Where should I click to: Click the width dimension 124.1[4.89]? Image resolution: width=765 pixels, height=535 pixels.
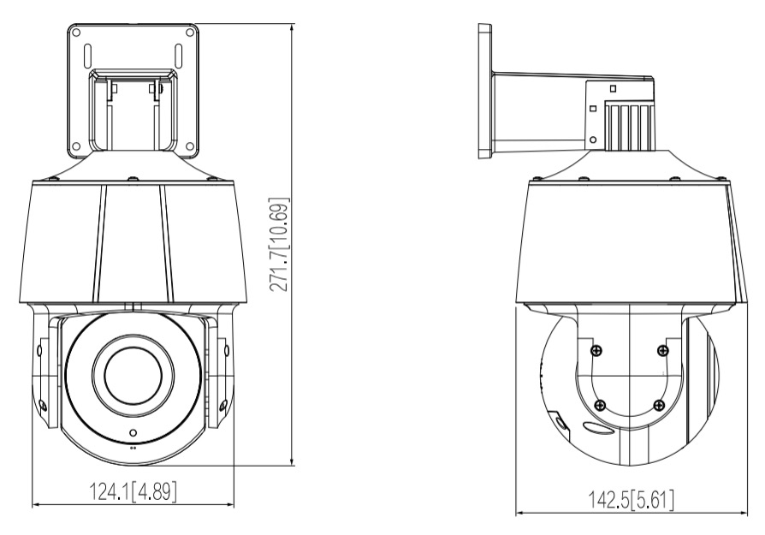tap(133, 492)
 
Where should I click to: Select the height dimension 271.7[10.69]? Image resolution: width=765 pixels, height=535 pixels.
tap(278, 246)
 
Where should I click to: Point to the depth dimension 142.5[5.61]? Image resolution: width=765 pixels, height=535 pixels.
tap(630, 499)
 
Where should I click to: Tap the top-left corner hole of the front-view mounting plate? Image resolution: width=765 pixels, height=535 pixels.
tap(77, 33)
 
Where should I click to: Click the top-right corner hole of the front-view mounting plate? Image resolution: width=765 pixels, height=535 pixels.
tap(190, 33)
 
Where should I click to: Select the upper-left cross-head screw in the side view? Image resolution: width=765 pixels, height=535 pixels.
tap(596, 348)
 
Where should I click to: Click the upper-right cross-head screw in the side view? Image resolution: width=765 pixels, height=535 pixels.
tap(661, 348)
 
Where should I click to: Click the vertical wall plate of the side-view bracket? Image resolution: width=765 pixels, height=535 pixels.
tap(485, 92)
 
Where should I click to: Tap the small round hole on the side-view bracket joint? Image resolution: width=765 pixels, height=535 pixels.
tap(593, 139)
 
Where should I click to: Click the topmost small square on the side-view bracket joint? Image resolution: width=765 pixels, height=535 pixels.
tap(613, 87)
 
